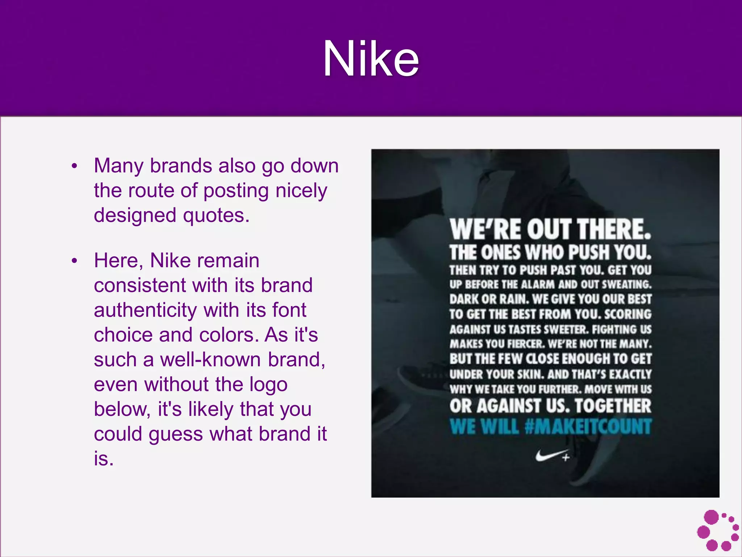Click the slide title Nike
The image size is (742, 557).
coord(371,59)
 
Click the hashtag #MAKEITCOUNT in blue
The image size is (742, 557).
coord(588,426)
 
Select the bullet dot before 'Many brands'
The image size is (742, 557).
coord(75,166)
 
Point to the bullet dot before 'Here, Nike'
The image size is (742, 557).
coord(75,261)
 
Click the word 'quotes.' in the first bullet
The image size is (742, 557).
coord(216,215)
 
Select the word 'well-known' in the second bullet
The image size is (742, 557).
coord(210,360)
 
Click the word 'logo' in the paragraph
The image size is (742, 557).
coord(268,384)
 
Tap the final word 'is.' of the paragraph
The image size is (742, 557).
coord(104,459)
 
